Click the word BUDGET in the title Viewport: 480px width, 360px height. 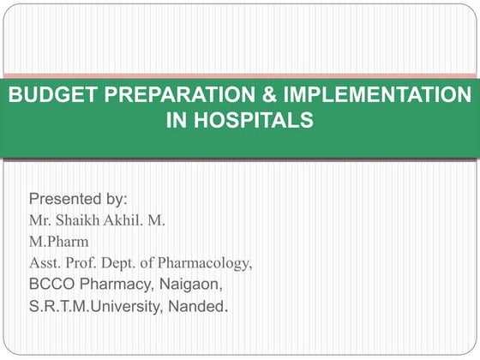[x=45, y=94]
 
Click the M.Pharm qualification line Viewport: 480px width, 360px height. [x=58, y=242]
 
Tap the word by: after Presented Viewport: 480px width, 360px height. [x=117, y=200]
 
